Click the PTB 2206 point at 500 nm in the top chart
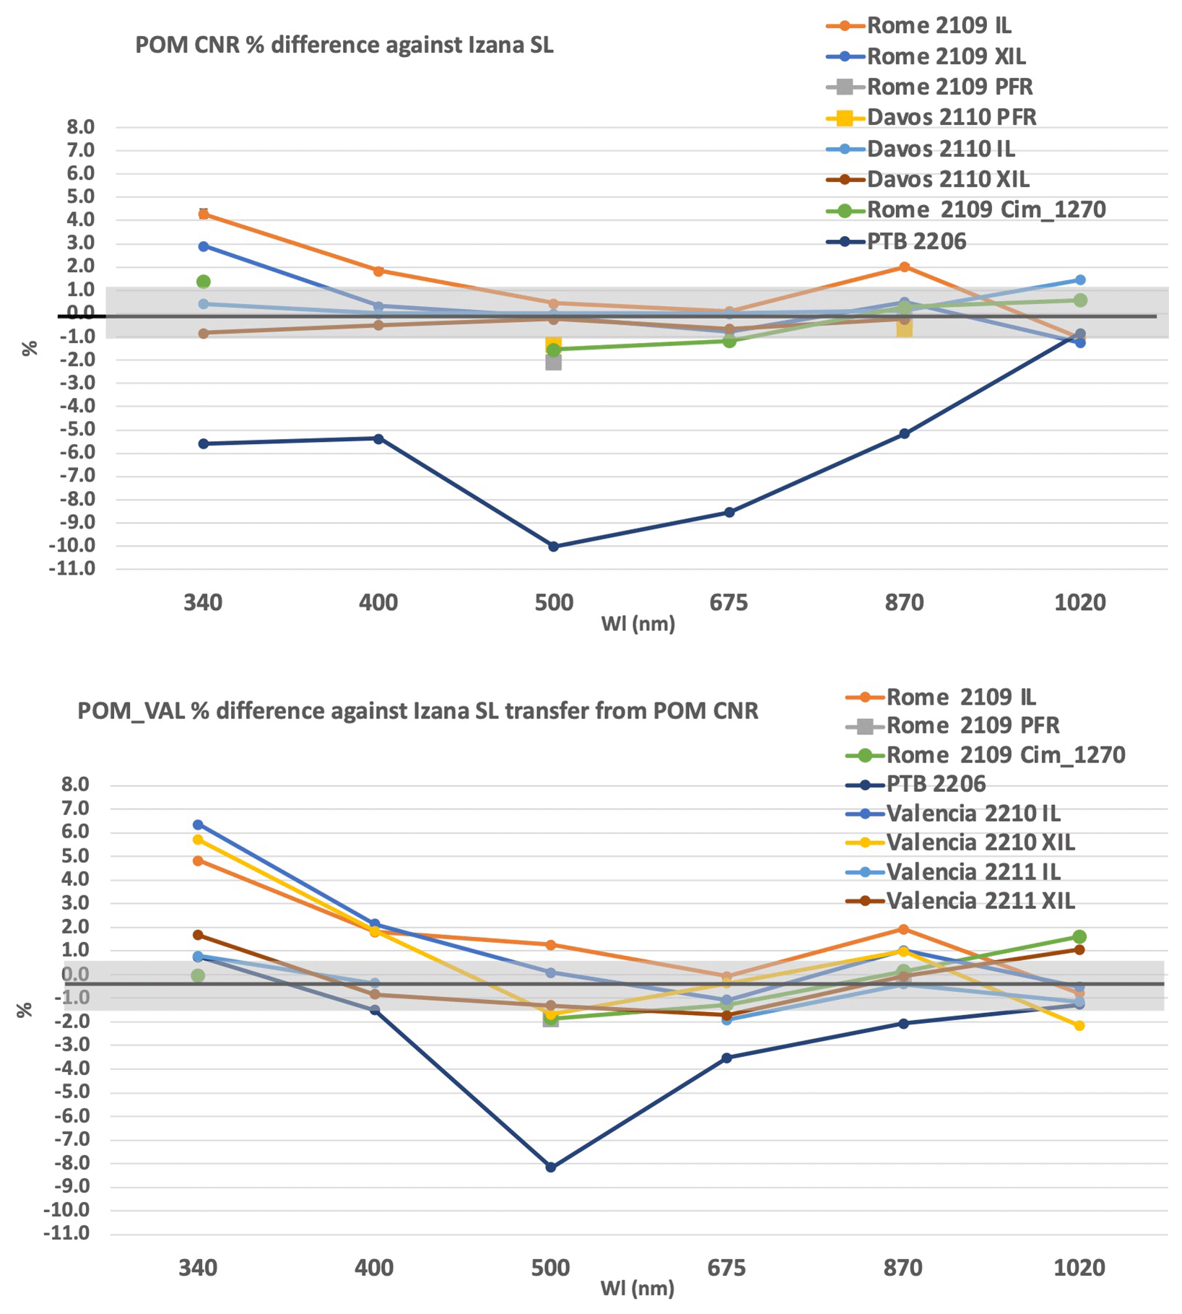coord(553,547)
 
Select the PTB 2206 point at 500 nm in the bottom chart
coord(551,1167)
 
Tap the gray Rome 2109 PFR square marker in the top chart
coord(553,362)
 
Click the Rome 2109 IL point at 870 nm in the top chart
coord(904,267)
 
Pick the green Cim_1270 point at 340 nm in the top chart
coord(203,282)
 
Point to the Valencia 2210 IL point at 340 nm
coord(198,824)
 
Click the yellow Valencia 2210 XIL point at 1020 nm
coord(1079,1025)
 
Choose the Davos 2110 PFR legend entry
coord(951,118)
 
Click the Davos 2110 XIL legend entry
coord(947,179)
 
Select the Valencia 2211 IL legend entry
coord(973,872)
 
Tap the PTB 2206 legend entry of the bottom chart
coord(936,784)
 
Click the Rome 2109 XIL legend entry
coord(945,56)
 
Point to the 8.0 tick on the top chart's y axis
coord(80,128)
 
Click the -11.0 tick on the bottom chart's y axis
coord(70,1233)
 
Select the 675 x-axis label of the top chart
coord(729,602)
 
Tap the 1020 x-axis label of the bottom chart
coord(1079,1268)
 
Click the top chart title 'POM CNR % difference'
coord(344,45)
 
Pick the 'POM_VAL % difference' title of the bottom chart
coord(417,711)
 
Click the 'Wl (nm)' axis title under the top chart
coord(638,624)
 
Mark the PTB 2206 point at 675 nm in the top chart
coord(729,513)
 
